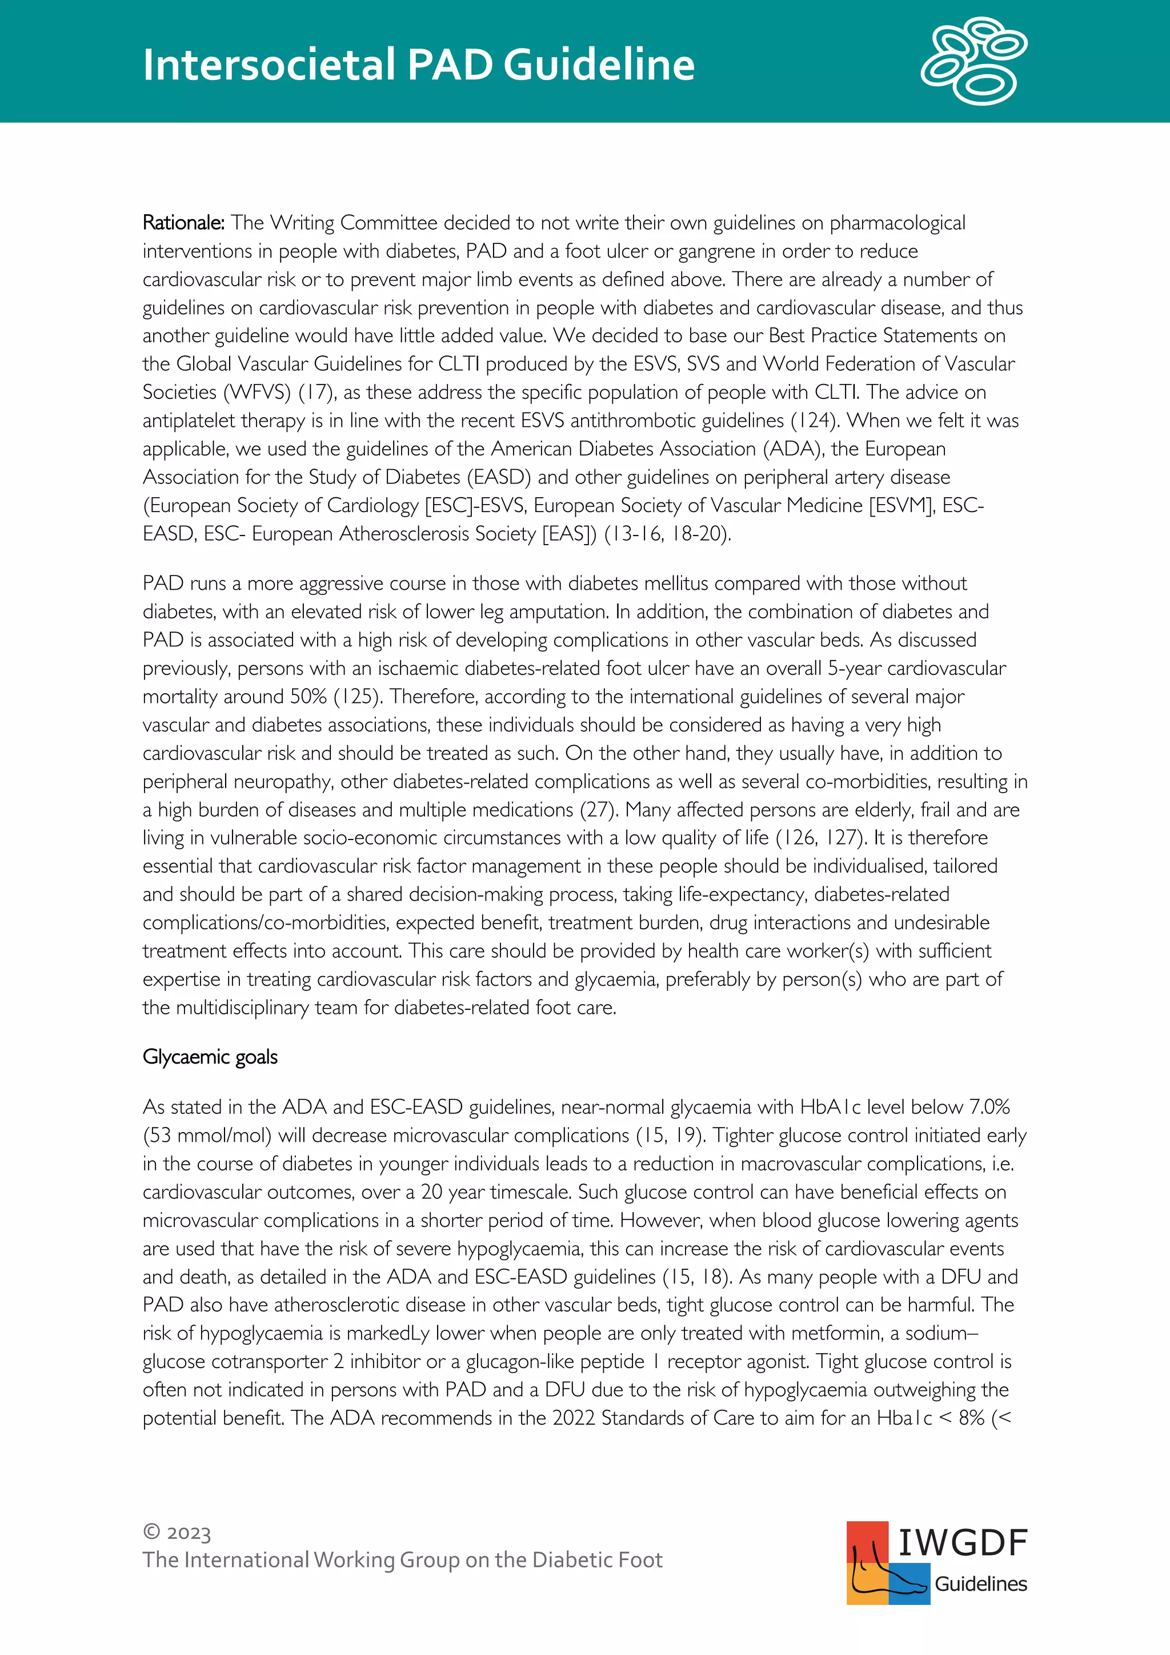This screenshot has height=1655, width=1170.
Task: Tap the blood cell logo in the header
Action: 973,61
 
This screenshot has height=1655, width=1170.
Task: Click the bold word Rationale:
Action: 184,223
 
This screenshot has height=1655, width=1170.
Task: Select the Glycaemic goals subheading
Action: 210,1057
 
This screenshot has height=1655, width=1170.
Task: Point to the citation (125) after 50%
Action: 356,696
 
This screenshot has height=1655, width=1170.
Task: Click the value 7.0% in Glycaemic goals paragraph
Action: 989,1106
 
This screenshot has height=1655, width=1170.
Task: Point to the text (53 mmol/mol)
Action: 207,1136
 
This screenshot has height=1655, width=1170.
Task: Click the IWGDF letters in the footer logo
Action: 962,1542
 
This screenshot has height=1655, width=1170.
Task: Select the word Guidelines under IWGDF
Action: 980,1584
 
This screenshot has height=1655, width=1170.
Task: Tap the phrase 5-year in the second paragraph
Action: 854,668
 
